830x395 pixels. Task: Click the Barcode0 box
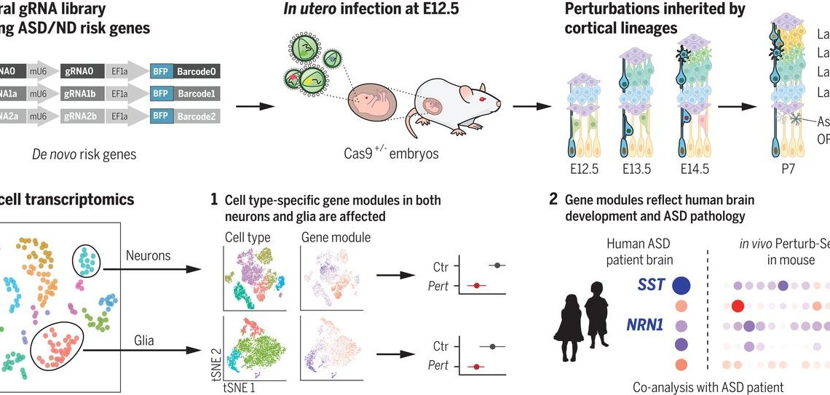pos(195,72)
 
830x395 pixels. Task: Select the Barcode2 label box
pos(195,116)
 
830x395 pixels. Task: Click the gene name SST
pos(651,284)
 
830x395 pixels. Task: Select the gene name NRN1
pos(647,325)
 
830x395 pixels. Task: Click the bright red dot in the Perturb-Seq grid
pos(736,306)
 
